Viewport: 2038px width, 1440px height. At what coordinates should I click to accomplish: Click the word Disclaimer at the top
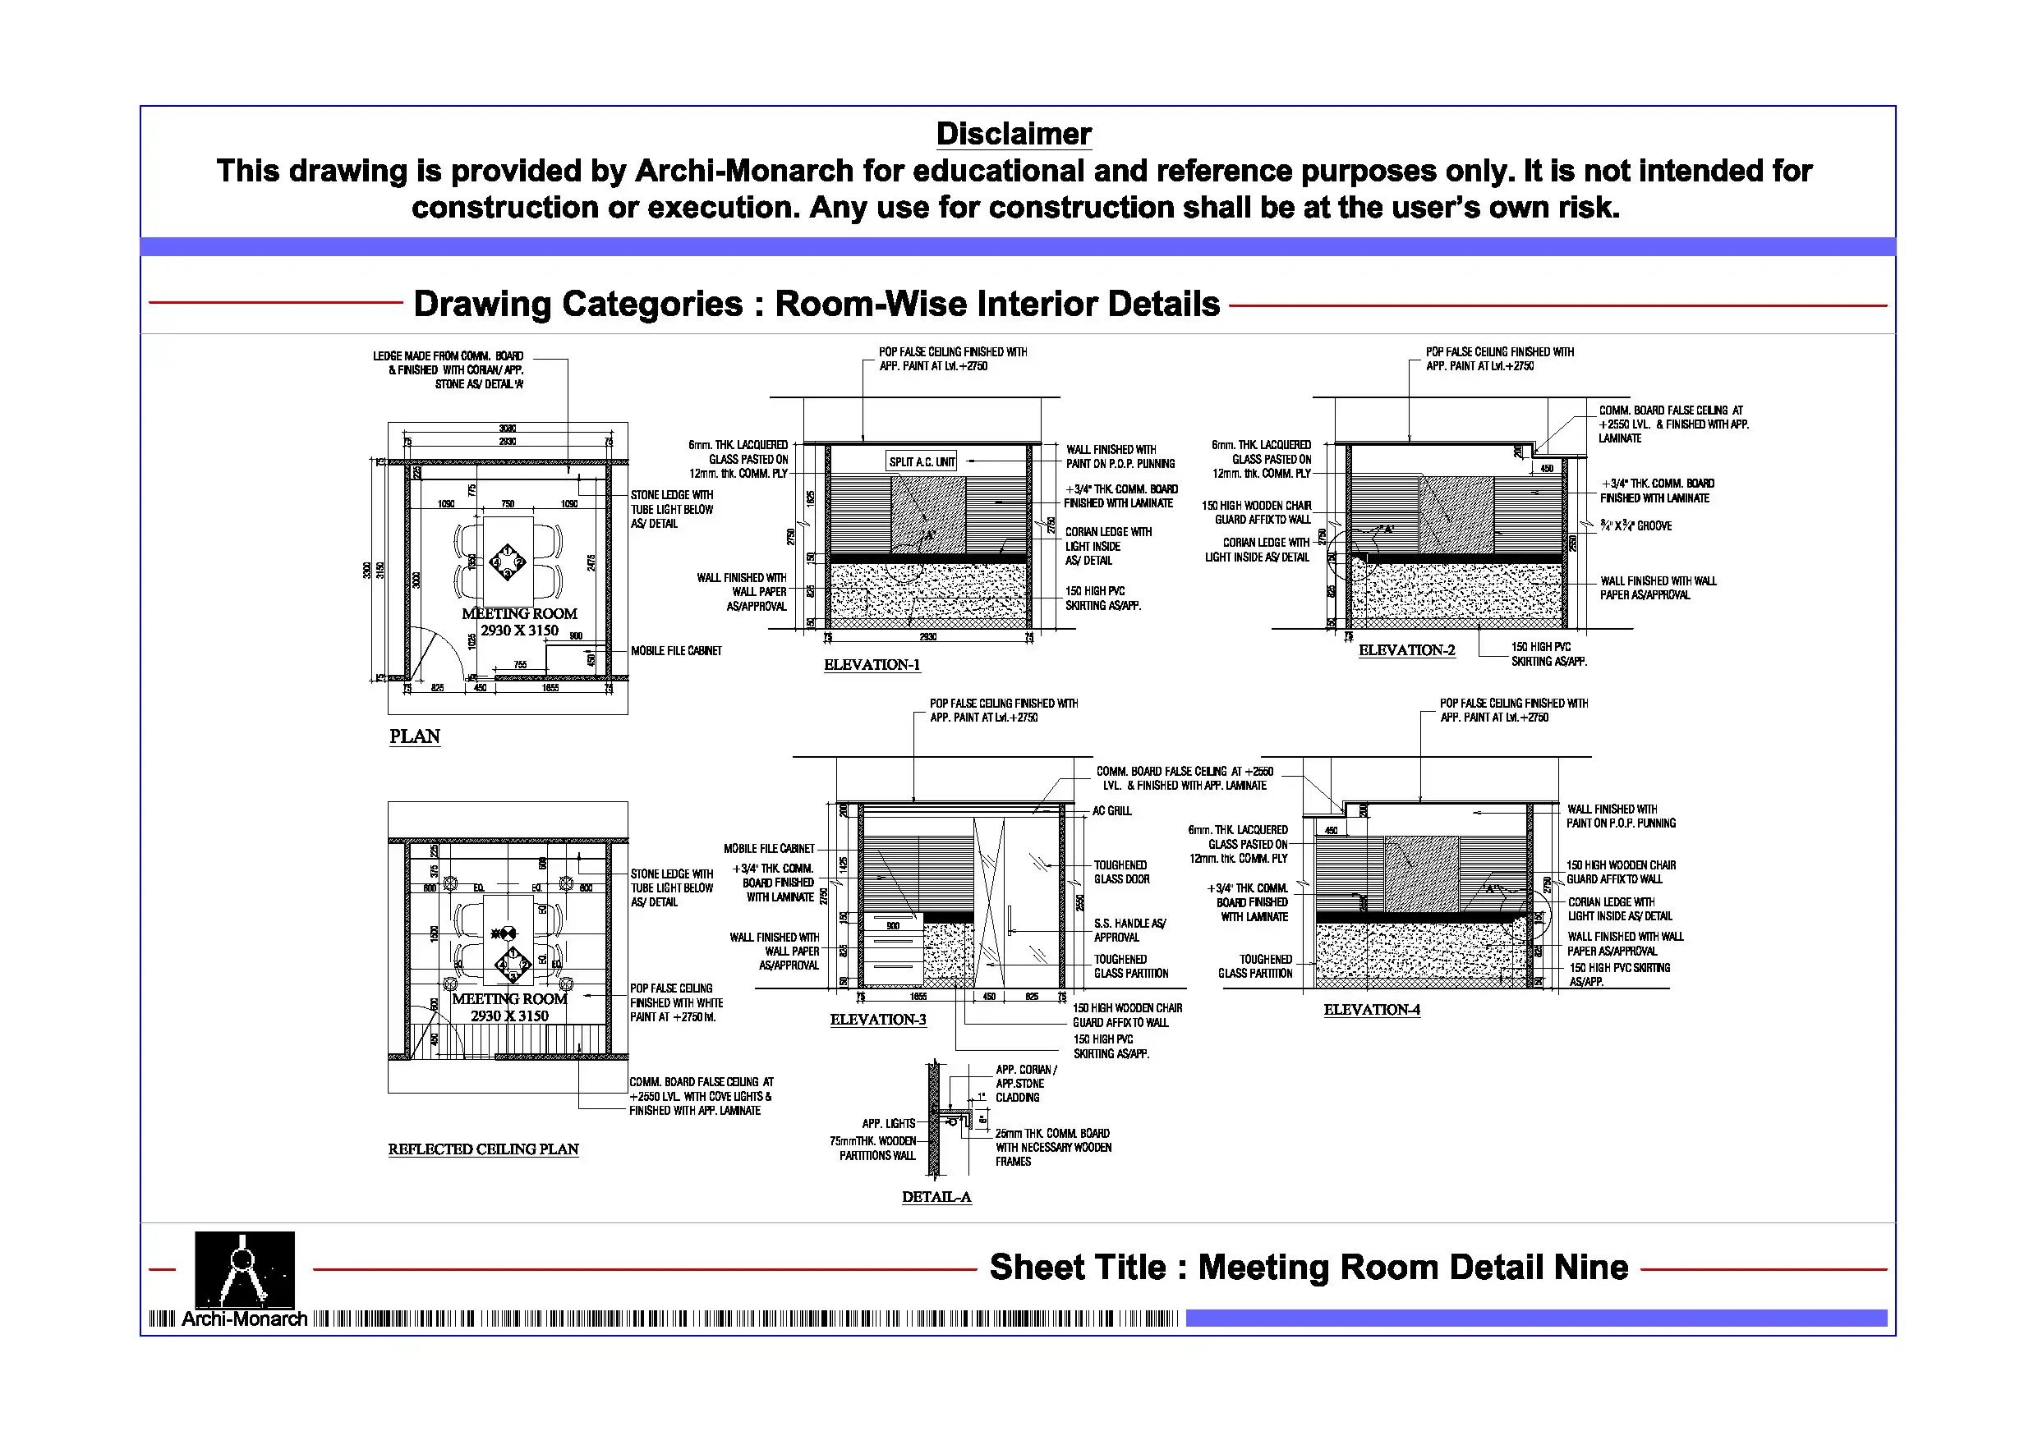coord(1013,134)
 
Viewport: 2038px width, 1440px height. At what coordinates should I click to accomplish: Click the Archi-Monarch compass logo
coord(244,1270)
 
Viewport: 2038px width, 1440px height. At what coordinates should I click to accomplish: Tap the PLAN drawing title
coord(415,736)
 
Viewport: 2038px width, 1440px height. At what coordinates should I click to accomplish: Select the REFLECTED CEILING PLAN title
coord(483,1149)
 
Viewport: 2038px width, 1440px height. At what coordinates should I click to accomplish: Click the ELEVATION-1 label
coord(872,664)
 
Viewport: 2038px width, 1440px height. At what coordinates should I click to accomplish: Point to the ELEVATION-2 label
coord(1406,650)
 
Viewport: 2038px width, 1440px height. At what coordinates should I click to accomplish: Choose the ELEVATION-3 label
coord(878,1020)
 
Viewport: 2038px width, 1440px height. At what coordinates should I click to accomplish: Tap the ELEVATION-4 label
coord(1371,1010)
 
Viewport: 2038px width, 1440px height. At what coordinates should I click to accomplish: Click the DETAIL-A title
coord(936,1197)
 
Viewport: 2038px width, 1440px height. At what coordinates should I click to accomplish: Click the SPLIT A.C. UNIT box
coord(922,461)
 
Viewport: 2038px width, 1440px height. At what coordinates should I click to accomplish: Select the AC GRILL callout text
coord(1111,811)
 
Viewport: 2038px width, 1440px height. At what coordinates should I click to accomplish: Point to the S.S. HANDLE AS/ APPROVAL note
coord(1129,930)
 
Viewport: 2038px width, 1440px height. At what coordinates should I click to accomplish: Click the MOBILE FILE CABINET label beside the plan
coord(676,651)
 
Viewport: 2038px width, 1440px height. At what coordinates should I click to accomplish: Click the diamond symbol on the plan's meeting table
coord(508,562)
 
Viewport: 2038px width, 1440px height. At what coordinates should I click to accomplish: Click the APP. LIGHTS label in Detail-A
coord(889,1123)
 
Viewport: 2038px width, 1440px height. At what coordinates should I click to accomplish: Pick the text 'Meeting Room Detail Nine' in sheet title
coord(1413,1267)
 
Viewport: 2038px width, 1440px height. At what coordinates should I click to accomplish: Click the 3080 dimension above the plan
coord(508,429)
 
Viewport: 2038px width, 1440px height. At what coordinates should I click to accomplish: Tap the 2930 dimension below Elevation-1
coord(927,637)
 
